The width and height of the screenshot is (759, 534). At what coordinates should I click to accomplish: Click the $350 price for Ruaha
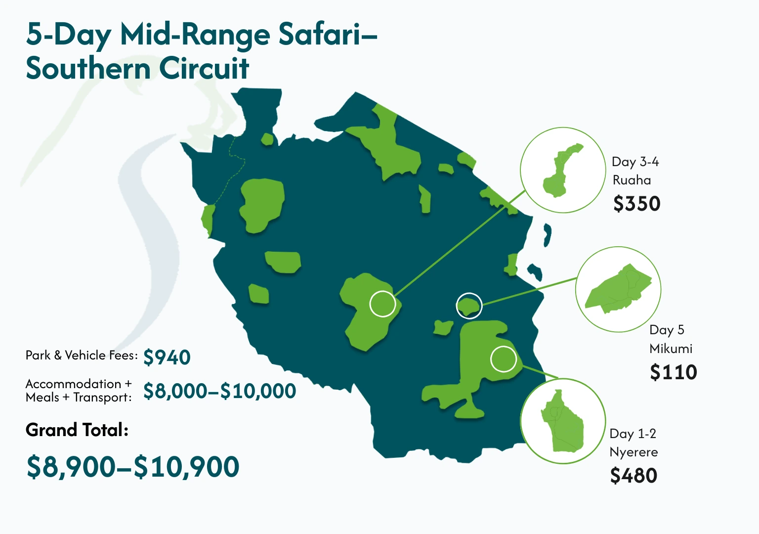(x=637, y=204)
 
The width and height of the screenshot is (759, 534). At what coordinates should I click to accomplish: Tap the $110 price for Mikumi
(x=673, y=372)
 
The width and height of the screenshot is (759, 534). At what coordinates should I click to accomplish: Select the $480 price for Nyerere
(x=633, y=476)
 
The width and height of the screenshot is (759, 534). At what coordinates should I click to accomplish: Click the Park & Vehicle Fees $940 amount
(x=167, y=357)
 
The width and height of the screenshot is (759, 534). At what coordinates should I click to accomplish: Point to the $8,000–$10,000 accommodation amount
(x=219, y=391)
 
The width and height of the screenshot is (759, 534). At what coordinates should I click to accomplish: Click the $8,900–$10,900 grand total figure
(x=133, y=467)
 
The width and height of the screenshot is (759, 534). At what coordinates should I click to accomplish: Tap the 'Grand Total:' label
(x=77, y=430)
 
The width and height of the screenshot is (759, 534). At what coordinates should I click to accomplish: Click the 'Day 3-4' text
(x=635, y=162)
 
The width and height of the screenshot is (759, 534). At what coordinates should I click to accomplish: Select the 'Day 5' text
(x=667, y=330)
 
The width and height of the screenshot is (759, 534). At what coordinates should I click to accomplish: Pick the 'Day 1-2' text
(x=632, y=434)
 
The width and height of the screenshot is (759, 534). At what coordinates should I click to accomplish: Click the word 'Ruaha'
(x=632, y=180)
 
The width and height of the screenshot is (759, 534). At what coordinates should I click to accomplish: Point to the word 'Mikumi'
(x=671, y=349)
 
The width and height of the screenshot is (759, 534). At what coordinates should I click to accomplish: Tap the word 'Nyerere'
(x=633, y=452)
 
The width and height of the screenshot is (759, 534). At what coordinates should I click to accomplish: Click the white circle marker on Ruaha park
(x=383, y=304)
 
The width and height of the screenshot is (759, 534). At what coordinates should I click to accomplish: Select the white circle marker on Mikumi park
(x=469, y=306)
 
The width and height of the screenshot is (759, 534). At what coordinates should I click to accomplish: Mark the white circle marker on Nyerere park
(x=504, y=358)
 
